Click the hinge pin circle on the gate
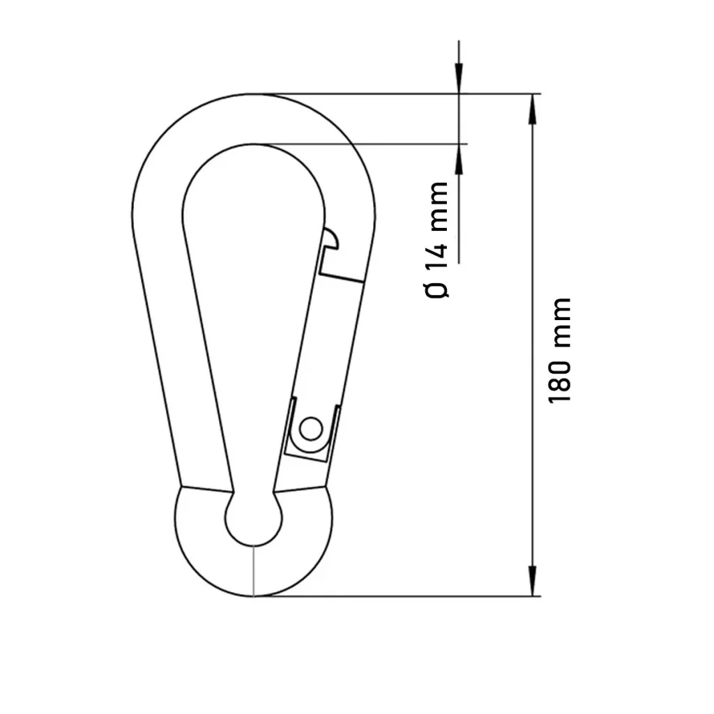click(x=311, y=429)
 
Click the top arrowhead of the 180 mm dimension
click(x=532, y=109)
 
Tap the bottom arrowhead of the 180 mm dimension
click(x=532, y=581)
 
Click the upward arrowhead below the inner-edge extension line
click(x=459, y=160)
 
